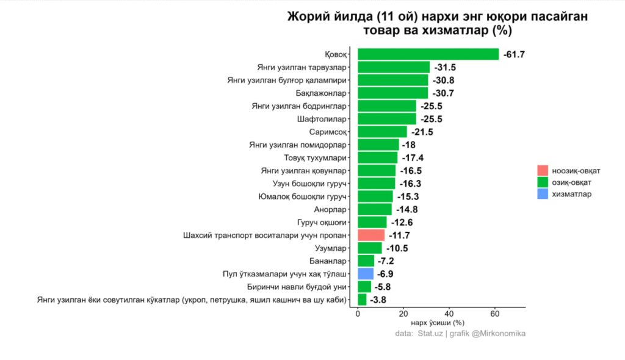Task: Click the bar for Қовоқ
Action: (x=428, y=54)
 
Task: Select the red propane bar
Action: (x=371, y=235)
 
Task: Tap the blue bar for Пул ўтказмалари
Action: (x=365, y=273)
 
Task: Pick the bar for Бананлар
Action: (x=366, y=261)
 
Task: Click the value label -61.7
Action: (x=514, y=54)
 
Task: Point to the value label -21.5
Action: (x=422, y=132)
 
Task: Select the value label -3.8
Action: (x=378, y=300)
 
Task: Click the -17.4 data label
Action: (x=412, y=157)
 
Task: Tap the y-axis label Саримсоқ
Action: (x=329, y=132)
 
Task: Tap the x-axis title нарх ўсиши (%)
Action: (x=437, y=322)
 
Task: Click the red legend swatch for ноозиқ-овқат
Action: (x=542, y=169)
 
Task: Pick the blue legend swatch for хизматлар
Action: (x=542, y=193)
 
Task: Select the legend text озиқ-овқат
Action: (x=571, y=182)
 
